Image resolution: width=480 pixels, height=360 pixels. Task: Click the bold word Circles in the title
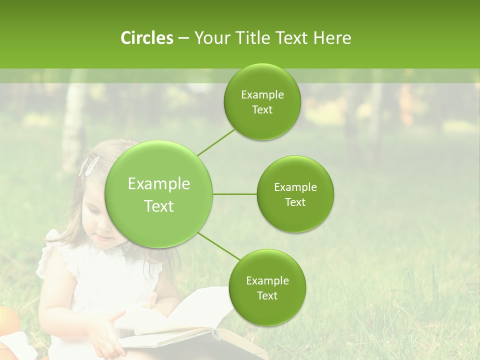pyautogui.click(x=147, y=38)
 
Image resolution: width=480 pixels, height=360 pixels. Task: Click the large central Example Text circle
pyautogui.click(x=159, y=194)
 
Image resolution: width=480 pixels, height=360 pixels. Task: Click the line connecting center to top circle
pyautogui.click(x=216, y=142)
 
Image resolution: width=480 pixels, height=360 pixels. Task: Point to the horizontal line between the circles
pyautogui.click(x=235, y=194)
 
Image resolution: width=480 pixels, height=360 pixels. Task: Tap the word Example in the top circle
pyautogui.click(x=262, y=95)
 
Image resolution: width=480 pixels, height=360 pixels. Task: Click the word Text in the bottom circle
pyautogui.click(x=267, y=295)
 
